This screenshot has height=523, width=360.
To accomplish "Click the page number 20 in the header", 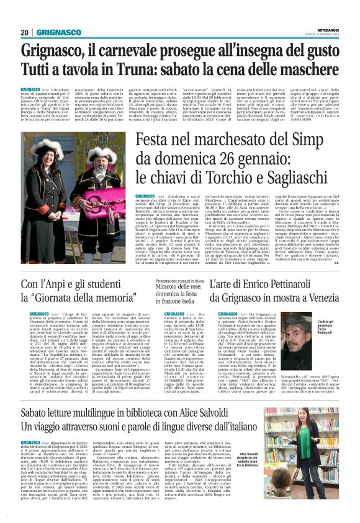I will click(24, 32).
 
